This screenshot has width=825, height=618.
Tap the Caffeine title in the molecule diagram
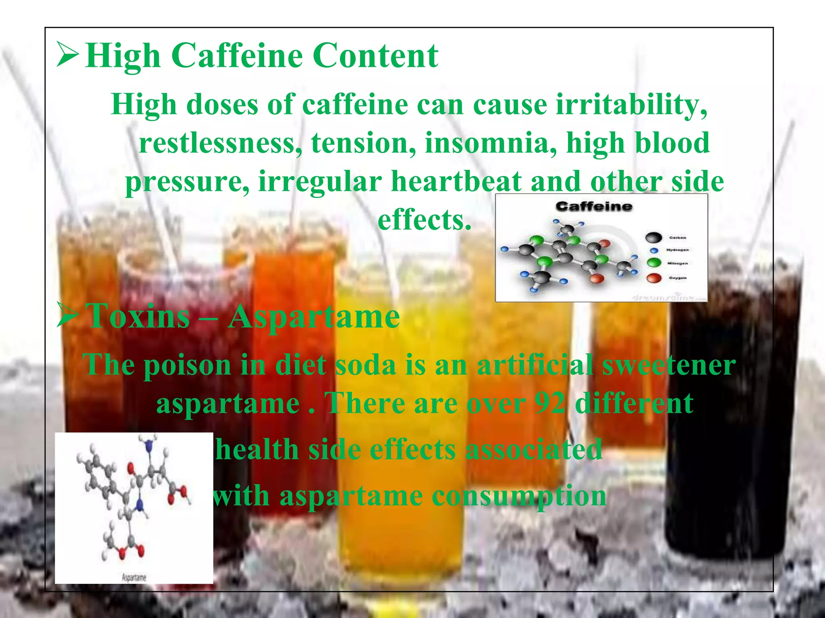(594, 206)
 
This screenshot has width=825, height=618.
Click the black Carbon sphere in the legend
(653, 238)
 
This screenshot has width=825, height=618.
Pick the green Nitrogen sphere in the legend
(654, 263)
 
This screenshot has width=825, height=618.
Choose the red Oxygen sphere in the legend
(654, 278)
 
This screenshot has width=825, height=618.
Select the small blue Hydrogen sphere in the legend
(654, 250)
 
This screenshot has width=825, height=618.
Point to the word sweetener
(669, 365)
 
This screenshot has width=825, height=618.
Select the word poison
(187, 365)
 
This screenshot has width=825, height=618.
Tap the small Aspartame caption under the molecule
(134, 577)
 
